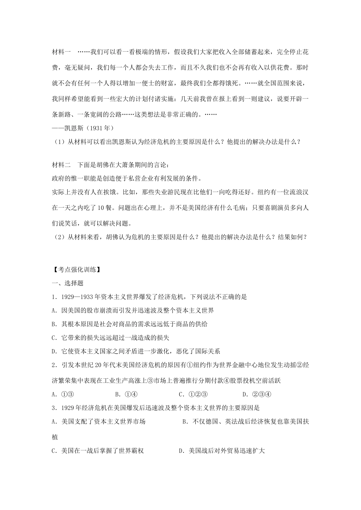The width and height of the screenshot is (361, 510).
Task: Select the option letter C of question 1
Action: coord(54,338)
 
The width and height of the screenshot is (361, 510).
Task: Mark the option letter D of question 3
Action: coord(181,451)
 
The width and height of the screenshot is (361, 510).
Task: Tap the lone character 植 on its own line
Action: coord(55,437)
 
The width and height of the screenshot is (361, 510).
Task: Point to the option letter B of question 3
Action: coord(185,421)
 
